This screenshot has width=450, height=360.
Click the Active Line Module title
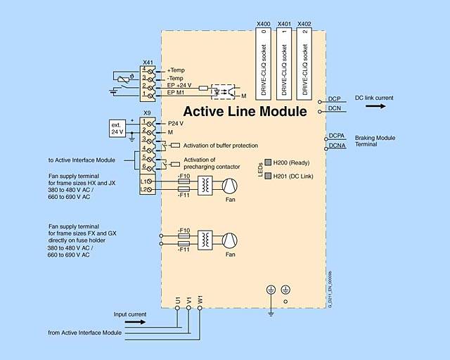pos(245,111)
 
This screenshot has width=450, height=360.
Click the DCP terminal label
pos(335,99)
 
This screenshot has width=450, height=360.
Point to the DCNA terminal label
pos(337,146)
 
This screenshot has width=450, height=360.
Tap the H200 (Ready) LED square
pos(268,162)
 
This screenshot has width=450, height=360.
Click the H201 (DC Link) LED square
pos(268,176)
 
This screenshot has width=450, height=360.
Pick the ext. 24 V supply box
pos(117,128)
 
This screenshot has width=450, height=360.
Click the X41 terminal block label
pos(148,63)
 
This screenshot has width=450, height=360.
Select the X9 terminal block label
pos(147,113)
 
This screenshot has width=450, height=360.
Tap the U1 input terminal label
pos(177,300)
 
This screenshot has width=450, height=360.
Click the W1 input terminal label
pos(200,300)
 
